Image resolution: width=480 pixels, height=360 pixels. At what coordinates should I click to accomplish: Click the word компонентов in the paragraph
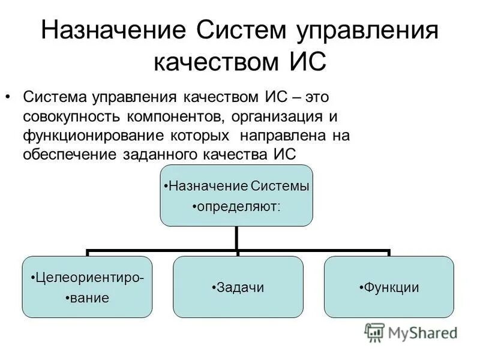[179, 116]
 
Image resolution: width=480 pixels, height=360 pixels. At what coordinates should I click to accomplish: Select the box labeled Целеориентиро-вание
[87, 287]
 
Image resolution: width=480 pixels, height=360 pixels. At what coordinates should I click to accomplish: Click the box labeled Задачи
[238, 287]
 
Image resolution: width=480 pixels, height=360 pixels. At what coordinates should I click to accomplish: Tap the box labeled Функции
[389, 287]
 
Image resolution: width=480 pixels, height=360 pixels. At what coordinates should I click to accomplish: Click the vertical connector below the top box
[237, 238]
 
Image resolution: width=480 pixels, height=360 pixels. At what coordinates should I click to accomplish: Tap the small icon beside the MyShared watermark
[374, 332]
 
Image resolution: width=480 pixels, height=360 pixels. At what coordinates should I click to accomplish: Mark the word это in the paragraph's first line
[318, 97]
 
